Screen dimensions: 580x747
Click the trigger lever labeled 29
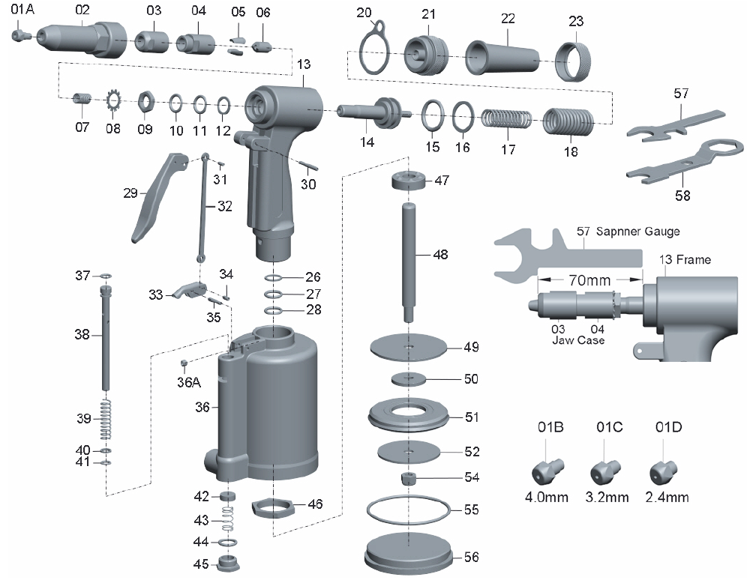[x=155, y=197]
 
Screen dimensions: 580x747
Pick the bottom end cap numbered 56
[x=410, y=555]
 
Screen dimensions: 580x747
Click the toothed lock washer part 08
[x=113, y=103]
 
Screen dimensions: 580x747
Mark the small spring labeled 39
[x=105, y=420]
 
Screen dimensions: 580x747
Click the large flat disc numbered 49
[x=409, y=347]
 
